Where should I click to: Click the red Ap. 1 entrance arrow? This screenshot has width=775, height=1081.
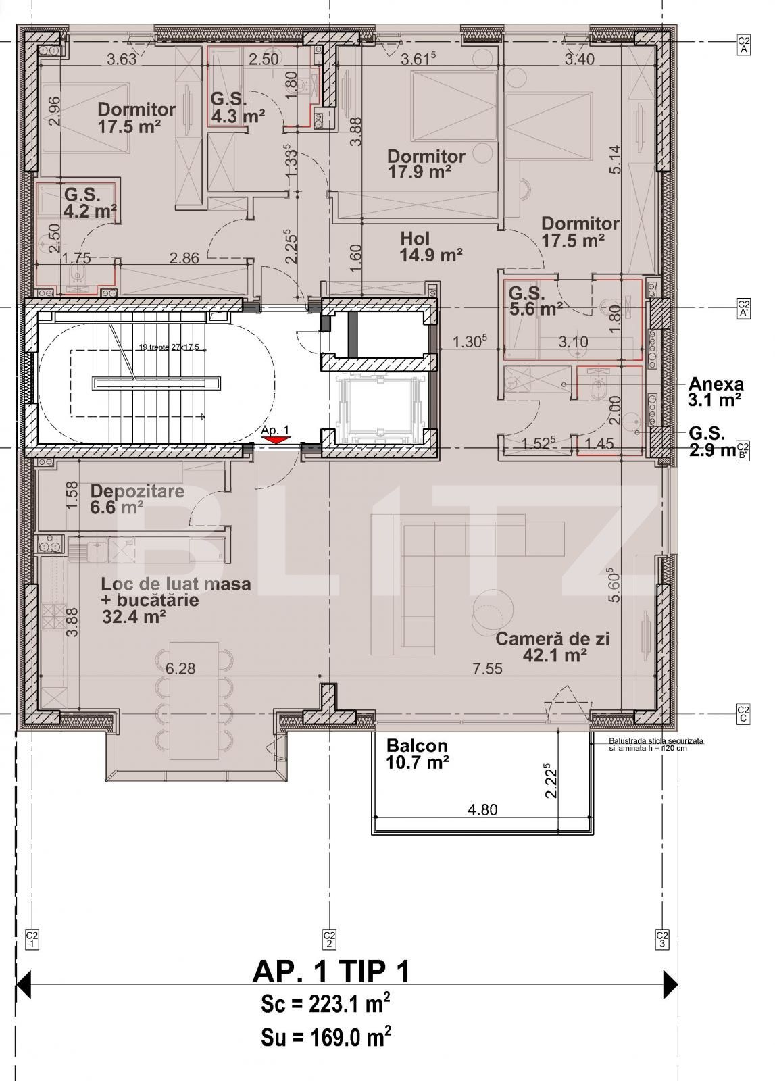tap(275, 440)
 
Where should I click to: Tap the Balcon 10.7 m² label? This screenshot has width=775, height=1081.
tap(417, 754)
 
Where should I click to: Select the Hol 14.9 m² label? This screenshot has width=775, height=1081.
tap(430, 247)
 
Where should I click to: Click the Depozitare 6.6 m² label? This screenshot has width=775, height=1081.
tap(137, 498)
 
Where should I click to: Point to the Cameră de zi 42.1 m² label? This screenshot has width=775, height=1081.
tap(552, 647)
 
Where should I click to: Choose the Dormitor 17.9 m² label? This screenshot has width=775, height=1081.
tap(426, 164)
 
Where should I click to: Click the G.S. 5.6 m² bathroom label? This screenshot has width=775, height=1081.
tap(536, 301)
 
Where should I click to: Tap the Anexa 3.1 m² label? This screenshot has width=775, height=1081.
tap(716, 392)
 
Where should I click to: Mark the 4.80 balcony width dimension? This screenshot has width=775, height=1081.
tap(482, 809)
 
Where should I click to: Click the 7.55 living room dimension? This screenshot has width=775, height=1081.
tap(487, 669)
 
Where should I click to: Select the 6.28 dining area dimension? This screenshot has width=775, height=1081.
tap(180, 669)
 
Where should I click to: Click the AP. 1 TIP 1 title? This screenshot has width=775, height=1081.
tap(330, 972)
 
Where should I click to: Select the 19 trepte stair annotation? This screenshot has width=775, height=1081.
tap(169, 347)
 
